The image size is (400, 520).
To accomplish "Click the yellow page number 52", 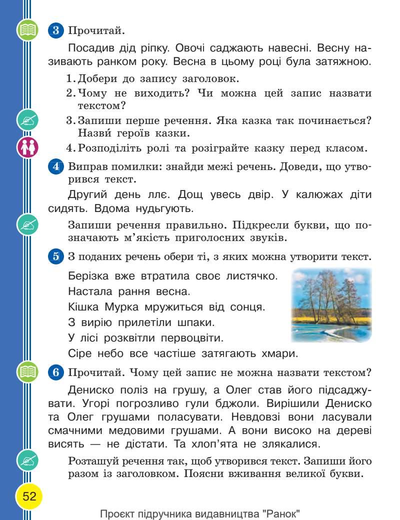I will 29,496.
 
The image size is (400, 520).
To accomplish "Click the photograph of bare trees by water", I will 331,304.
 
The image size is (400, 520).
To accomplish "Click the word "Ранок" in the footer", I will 282,513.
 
